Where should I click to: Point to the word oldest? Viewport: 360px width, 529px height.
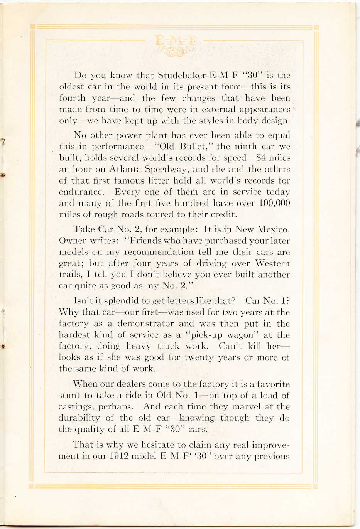click(x=72, y=87)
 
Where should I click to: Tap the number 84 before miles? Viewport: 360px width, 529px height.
click(x=261, y=158)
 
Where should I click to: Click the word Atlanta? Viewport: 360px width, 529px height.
click(x=125, y=169)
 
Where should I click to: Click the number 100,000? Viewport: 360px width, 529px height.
click(x=274, y=203)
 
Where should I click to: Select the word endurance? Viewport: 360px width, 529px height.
click(x=81, y=192)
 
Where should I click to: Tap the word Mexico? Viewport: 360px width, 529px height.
click(x=273, y=229)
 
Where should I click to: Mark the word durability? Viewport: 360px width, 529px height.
click(x=80, y=418)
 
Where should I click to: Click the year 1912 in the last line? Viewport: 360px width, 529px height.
click(x=118, y=456)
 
